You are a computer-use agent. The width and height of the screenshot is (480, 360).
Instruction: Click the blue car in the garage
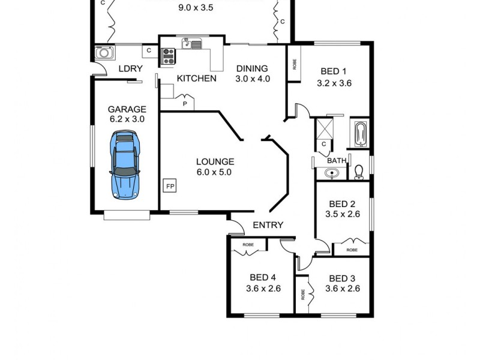125,165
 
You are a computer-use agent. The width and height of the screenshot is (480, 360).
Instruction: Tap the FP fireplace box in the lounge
170,187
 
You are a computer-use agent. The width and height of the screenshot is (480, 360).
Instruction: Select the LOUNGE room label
215,161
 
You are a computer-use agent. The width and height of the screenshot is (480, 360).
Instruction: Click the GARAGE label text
127,109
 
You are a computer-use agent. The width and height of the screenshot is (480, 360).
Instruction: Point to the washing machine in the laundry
104,53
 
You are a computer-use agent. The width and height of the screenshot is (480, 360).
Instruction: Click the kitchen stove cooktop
167,57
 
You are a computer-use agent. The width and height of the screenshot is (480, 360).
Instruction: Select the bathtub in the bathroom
360,134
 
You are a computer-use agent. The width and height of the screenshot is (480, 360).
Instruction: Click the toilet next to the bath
359,172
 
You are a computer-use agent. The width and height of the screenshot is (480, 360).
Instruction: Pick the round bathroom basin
332,174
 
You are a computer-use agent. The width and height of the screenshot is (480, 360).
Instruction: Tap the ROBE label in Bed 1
294,64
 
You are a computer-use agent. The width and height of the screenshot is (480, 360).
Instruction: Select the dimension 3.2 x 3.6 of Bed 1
334,83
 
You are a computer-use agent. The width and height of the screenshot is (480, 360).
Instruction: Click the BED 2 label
343,203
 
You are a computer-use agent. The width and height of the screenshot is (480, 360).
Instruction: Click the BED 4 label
263,278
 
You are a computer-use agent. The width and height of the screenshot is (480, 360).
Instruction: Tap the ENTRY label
268,225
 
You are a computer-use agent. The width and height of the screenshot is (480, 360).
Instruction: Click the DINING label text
252,68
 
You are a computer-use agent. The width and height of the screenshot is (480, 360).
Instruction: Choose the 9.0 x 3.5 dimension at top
196,8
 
